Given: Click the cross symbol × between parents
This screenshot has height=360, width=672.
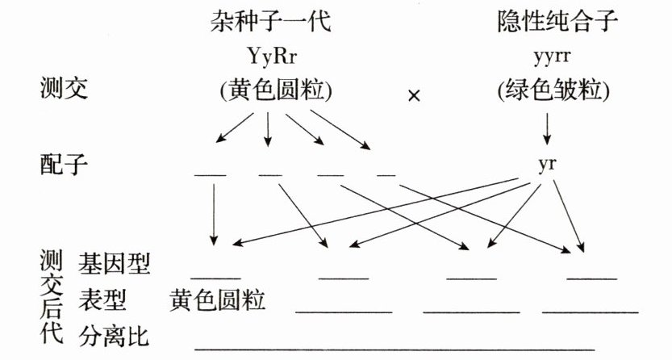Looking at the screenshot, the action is point(415,95).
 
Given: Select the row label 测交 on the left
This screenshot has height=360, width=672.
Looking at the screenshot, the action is point(64,89).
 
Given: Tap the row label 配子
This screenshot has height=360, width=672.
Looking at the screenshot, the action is point(64,165).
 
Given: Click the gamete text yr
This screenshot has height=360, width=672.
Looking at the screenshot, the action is point(548,165).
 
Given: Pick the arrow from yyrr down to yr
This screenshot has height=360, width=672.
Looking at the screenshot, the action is point(548,127).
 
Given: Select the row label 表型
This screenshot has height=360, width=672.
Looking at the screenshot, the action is point(102,299).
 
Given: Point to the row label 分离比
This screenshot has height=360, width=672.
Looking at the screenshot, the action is point(114,334).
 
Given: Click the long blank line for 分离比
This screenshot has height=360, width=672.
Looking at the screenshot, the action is point(394,348).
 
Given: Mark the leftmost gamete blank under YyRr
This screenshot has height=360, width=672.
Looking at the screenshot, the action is point(211,174).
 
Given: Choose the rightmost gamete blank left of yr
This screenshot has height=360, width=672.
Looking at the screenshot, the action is point(386,174).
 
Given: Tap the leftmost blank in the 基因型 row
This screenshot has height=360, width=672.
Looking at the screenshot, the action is point(215,277).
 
